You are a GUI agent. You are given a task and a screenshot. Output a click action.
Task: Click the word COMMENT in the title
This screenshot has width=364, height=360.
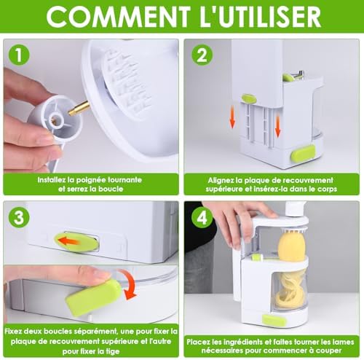click(x=118, y=17)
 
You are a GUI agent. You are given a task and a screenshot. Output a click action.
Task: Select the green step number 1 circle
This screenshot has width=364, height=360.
click(x=19, y=55)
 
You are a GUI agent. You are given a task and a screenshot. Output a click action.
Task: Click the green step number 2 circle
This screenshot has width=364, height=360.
click(x=202, y=55)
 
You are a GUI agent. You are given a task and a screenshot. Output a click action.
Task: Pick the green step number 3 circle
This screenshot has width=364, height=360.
click(x=19, y=217)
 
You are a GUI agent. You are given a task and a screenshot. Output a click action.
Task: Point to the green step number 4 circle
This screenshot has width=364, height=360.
click(x=202, y=217)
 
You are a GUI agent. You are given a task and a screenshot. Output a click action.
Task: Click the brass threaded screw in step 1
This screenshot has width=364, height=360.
click(x=79, y=109)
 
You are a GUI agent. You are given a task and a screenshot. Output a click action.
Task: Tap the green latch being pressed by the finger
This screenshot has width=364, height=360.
click(x=92, y=297)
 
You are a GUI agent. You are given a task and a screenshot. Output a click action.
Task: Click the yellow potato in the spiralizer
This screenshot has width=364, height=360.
click(x=291, y=246)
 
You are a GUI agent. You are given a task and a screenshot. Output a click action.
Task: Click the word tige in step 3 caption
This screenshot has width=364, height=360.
click(x=112, y=351)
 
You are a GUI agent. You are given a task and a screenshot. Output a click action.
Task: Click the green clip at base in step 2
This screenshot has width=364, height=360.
click(x=303, y=154)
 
